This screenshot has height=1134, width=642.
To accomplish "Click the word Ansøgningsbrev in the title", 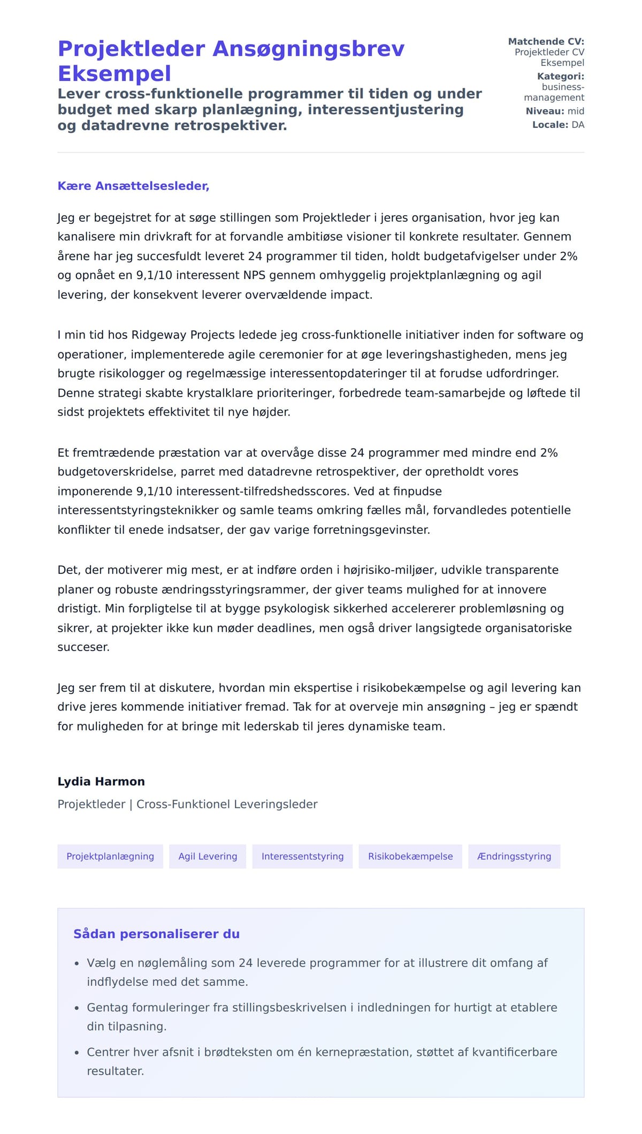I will pos(309,49).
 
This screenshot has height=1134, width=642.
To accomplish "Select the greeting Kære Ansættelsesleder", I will pos(133,186).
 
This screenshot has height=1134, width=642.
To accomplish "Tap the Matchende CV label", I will pos(546,41).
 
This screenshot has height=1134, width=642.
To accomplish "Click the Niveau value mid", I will pos(576,111).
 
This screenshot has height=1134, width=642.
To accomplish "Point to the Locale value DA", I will pos(578,125).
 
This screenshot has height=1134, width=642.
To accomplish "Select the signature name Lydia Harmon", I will pos(101,781).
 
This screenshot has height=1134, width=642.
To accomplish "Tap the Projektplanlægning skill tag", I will pos(110,856).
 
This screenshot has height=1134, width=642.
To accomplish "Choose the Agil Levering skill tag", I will pos(208,856).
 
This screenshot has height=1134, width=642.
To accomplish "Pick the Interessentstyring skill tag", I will pos(302,856).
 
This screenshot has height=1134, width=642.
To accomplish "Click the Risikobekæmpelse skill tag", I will pos(410,856).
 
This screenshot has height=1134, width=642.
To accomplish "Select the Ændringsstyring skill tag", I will pos(514,856).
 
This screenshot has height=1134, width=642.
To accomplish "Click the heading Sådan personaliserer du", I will pos(156,934).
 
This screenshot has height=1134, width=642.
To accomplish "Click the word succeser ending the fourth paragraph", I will pos(83,647).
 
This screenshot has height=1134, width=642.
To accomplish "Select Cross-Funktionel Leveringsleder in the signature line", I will pos(227,804).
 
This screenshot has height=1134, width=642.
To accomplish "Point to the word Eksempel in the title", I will pos(114,73).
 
